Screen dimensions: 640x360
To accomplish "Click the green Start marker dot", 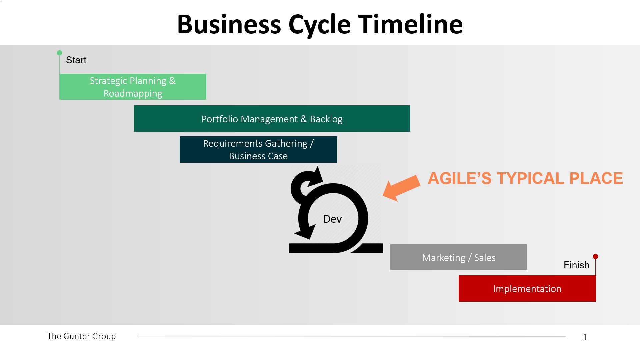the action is pyautogui.click(x=59, y=53).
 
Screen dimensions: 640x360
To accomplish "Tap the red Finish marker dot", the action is pyautogui.click(x=595, y=256).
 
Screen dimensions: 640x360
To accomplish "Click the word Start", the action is pyautogui.click(x=76, y=60).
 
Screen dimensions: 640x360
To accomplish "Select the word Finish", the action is pyautogui.click(x=576, y=265).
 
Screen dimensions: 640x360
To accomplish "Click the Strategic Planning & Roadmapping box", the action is pyautogui.click(x=133, y=87).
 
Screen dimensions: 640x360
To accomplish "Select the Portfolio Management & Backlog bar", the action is pyautogui.click(x=272, y=119).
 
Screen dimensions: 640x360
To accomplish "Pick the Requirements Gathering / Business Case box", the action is pyautogui.click(x=258, y=149).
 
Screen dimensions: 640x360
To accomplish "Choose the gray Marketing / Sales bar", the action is pyautogui.click(x=459, y=257).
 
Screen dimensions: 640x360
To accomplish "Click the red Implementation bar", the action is pyautogui.click(x=527, y=288).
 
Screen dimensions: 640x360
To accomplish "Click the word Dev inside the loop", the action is pyautogui.click(x=332, y=219).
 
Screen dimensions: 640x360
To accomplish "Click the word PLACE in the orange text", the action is pyautogui.click(x=596, y=178).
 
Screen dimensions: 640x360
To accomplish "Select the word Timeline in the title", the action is pyautogui.click(x=410, y=24).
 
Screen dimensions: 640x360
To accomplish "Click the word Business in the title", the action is pyautogui.click(x=229, y=24).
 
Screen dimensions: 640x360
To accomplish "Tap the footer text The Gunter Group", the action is pyautogui.click(x=81, y=336).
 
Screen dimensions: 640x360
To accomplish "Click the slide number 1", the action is pyautogui.click(x=585, y=337).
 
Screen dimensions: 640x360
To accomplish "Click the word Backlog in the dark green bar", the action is pyautogui.click(x=326, y=119).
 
